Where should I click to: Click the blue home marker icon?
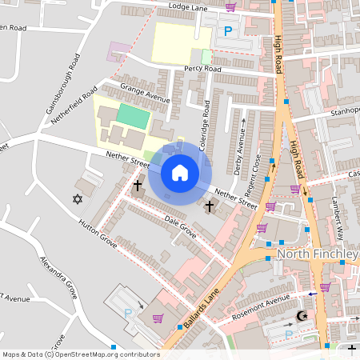(x=180, y=172)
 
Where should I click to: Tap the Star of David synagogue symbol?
(x=78, y=198)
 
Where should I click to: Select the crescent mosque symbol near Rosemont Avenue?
(x=302, y=317)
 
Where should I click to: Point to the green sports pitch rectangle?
(x=133, y=115)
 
